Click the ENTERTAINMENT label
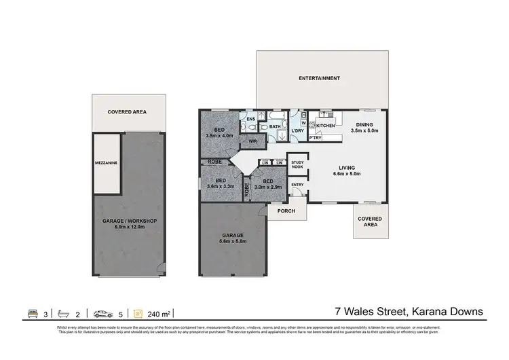click(x=319, y=79)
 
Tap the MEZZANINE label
click(x=107, y=163)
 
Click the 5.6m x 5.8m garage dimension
click(x=231, y=241)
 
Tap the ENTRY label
click(x=297, y=185)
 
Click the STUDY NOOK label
click(x=297, y=164)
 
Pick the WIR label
click(x=252, y=141)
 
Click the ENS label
click(x=250, y=120)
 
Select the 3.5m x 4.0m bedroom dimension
click(x=220, y=136)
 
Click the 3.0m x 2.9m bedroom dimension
click(x=269, y=185)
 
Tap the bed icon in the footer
click(x=32, y=313)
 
